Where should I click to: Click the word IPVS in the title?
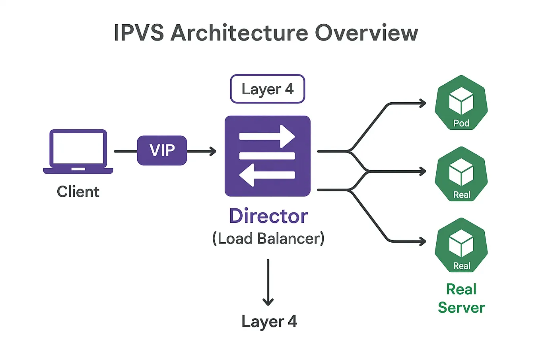(x=139, y=33)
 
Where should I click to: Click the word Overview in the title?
(x=367, y=33)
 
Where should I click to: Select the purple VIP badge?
(x=162, y=150)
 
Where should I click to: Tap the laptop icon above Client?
(x=78, y=152)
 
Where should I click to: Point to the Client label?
(x=78, y=192)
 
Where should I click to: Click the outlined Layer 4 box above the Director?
(x=268, y=89)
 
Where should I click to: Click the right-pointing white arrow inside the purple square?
(x=267, y=136)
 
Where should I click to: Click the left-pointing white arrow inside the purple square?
(x=267, y=175)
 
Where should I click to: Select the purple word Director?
(x=268, y=216)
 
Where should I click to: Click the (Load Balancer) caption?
(x=268, y=238)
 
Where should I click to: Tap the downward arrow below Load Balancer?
(x=268, y=282)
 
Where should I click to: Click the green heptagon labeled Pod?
(x=461, y=103)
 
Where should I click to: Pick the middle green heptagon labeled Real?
(x=461, y=174)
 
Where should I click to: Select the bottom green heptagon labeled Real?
(x=461, y=245)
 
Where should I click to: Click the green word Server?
(x=461, y=307)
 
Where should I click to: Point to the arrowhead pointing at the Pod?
(x=423, y=103)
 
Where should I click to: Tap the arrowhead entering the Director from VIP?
(x=213, y=152)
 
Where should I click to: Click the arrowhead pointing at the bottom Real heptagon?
(x=423, y=241)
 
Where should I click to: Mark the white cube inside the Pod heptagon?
(x=461, y=101)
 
